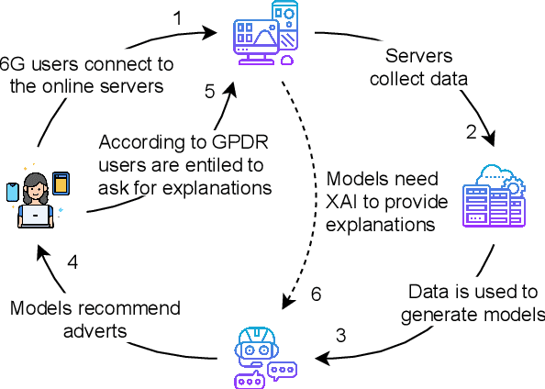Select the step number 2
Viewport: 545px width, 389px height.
coord(472,131)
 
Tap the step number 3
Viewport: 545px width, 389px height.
coord(340,336)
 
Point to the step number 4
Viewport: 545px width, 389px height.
coord(72,261)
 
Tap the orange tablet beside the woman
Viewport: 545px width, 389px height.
coord(61,183)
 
